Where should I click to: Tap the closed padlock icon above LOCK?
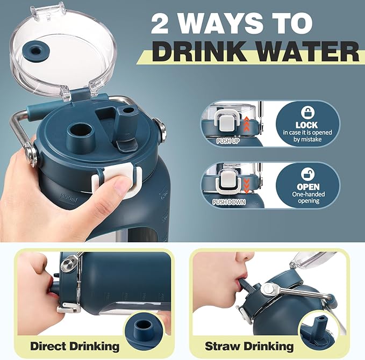point(307,112)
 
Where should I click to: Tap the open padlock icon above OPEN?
point(307,174)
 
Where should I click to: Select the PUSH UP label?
point(228,141)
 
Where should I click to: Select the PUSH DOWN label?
point(229,202)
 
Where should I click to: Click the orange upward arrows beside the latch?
point(246,124)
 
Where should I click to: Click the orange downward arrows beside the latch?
point(246,185)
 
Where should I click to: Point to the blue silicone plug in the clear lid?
point(35,52)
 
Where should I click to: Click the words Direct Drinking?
point(75,346)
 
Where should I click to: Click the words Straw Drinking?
point(249,346)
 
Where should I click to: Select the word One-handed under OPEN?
point(309,194)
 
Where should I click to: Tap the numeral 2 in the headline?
point(160,24)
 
